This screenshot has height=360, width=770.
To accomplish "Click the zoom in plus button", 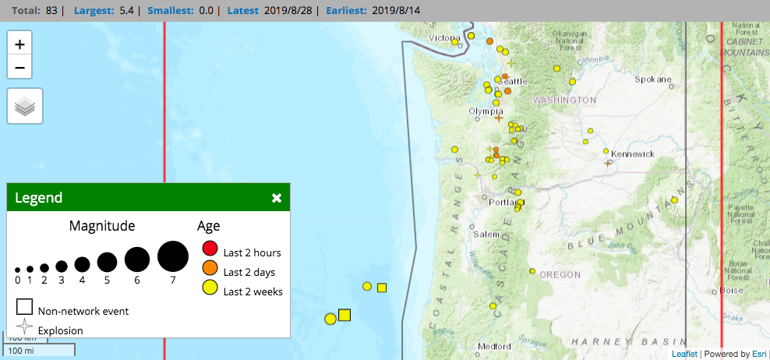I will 19,44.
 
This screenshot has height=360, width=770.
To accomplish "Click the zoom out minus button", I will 19,67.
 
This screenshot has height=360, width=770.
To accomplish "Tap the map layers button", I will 25,106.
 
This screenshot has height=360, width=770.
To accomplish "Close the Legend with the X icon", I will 277,198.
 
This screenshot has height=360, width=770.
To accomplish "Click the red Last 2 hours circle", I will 210,249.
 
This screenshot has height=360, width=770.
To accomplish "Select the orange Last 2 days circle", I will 210,269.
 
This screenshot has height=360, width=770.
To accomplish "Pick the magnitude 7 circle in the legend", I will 173,256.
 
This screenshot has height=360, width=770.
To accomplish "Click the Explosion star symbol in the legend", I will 25,328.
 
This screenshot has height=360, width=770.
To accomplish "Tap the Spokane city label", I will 653,79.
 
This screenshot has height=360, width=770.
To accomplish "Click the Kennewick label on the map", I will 633,154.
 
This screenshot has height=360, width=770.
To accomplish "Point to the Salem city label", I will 486,235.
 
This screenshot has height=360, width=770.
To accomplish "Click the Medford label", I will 495,346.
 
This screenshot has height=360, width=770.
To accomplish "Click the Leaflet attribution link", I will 684,354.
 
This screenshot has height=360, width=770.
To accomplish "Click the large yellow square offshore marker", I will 344,315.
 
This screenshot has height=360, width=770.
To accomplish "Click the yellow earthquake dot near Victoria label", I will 455,42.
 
